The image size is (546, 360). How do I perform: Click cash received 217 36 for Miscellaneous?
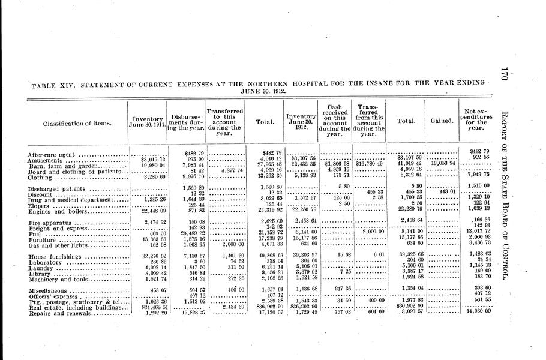pos(335,289)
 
